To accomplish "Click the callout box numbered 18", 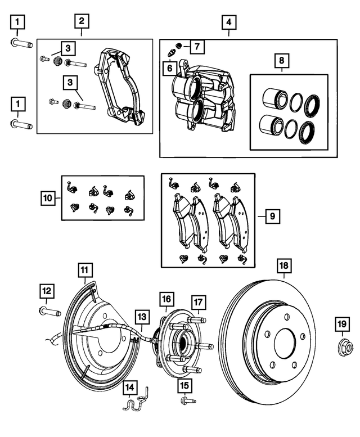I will pyautogui.click(x=284, y=265).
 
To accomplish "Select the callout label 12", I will pyautogui.click(x=47, y=291).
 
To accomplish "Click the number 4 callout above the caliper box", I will pyautogui.click(x=228, y=23).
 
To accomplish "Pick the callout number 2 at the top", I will pyautogui.click(x=82, y=22).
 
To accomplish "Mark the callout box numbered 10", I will pyautogui.click(x=48, y=198).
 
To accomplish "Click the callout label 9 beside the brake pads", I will pyautogui.click(x=271, y=215).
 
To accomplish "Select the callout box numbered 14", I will pyautogui.click(x=130, y=387).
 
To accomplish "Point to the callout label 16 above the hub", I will pyautogui.click(x=166, y=298).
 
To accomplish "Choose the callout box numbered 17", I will pyautogui.click(x=197, y=303).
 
